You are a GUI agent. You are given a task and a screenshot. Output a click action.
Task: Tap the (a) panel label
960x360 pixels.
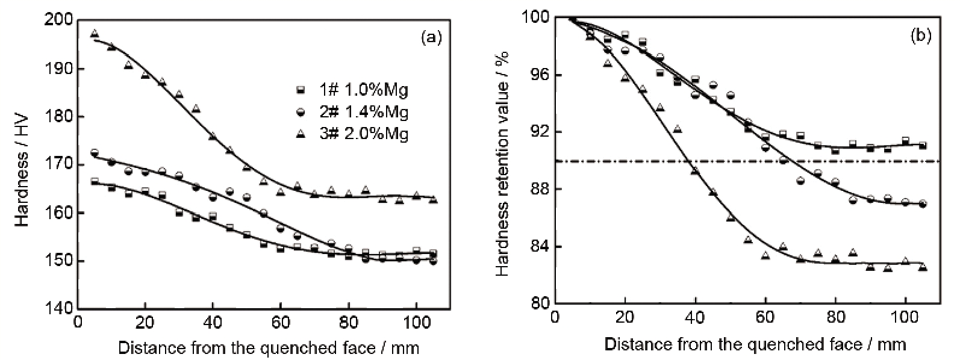click(431, 38)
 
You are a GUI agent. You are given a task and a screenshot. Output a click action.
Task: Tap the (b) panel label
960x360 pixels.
click(921, 37)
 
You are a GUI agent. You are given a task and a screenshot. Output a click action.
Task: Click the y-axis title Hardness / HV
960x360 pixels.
click(23, 164)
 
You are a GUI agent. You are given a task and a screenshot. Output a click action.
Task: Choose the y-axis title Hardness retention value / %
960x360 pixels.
click(503, 164)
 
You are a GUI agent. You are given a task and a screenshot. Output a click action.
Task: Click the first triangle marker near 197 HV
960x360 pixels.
click(94, 34)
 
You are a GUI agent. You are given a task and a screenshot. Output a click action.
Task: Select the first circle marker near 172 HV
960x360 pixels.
click(94, 152)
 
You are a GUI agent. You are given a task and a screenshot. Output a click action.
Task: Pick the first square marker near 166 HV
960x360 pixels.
click(94, 181)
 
